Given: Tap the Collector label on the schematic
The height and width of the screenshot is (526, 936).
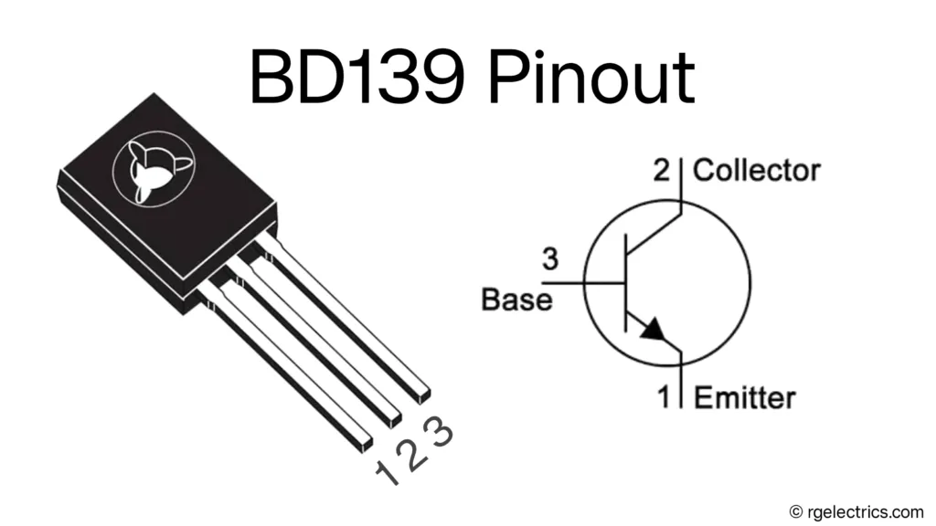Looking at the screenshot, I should tap(756, 170).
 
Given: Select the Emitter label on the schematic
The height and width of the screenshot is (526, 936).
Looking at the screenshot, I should tap(745, 397).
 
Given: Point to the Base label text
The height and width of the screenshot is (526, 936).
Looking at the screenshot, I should tap(516, 300).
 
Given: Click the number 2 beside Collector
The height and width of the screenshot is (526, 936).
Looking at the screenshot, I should tap(661, 170).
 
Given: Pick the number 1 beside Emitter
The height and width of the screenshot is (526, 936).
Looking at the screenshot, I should tap(665, 397).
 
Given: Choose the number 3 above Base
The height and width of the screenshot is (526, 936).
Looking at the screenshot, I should tap(549, 260).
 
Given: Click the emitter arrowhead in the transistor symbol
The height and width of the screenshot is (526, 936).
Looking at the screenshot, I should tap(654, 330).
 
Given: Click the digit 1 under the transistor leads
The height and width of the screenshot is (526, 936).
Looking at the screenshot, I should tap(387, 472).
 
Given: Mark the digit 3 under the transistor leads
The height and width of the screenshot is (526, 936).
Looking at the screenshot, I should tap(441, 430).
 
